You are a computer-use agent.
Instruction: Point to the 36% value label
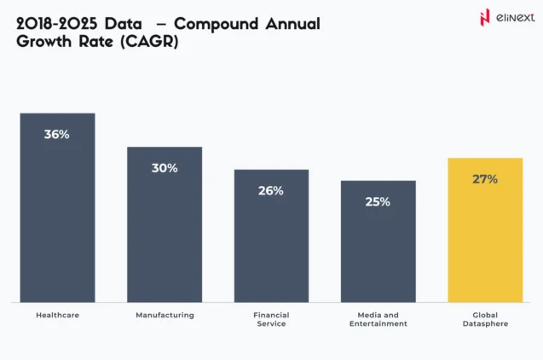tap(57, 135)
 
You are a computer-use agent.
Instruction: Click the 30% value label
tap(165, 168)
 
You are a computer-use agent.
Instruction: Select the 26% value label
tap(271, 191)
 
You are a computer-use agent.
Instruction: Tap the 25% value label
tap(378, 202)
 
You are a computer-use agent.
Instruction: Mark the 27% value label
tap(485, 180)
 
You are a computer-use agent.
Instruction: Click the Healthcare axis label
tap(57, 316)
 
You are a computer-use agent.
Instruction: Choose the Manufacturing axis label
tap(165, 316)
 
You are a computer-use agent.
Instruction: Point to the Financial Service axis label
tap(271, 319)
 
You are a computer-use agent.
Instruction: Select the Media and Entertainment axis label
tap(378, 319)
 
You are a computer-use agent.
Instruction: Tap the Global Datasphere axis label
tap(485, 319)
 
